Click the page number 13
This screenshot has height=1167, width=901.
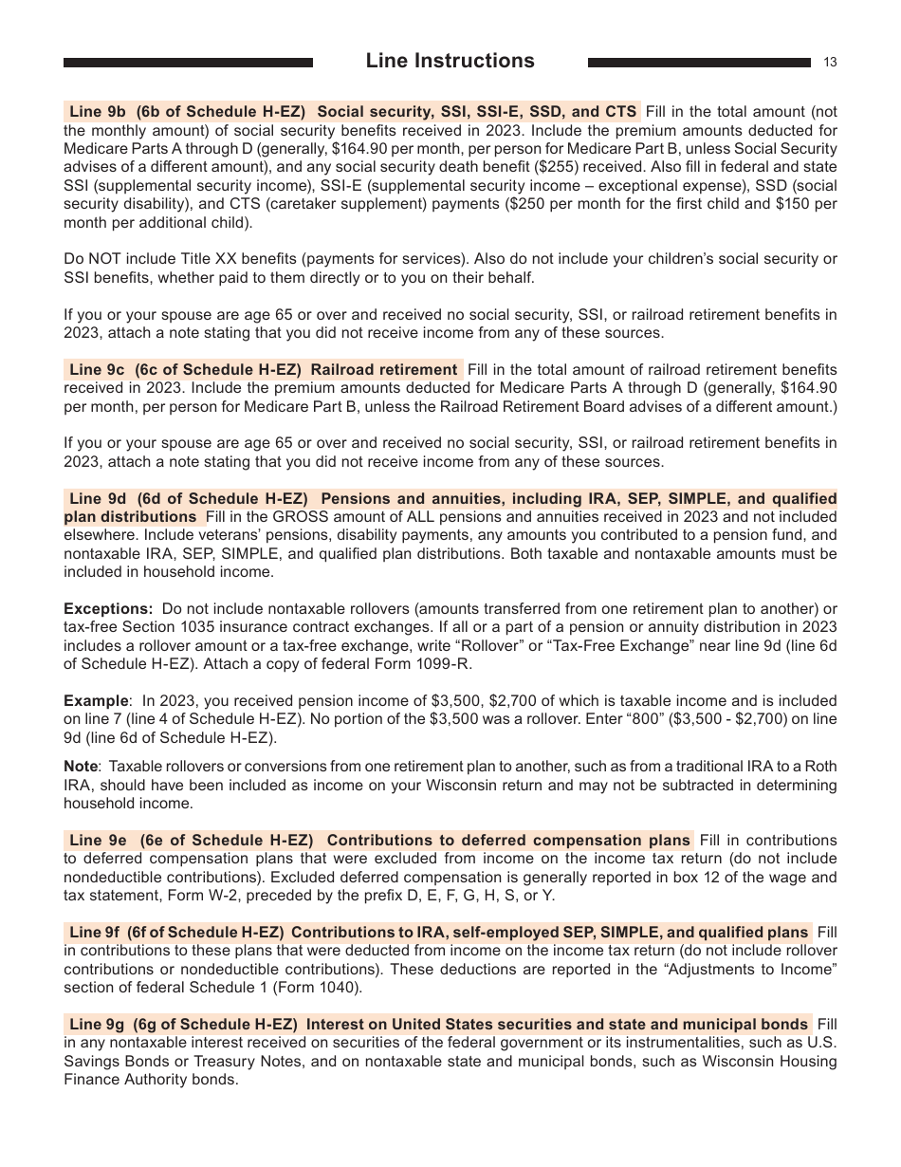click(x=830, y=63)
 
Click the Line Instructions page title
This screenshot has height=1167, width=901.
click(x=450, y=61)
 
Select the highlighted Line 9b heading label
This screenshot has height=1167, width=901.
click(x=97, y=111)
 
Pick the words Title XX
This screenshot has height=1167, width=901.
click(x=195, y=260)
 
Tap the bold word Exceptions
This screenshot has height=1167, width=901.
click(x=107, y=608)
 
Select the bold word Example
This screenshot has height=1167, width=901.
click(x=96, y=701)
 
